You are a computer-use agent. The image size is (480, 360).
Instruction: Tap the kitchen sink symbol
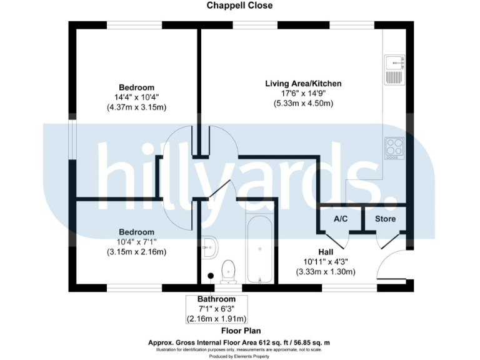pos(395,69)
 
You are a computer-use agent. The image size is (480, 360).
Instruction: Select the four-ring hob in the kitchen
pos(394,147)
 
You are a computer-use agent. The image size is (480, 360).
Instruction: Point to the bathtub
pos(259,249)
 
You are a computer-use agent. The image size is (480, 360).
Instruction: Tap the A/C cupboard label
pos(341,219)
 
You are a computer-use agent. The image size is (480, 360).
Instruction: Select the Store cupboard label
pos(385,219)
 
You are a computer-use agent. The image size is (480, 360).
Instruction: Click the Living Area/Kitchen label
pos(303,83)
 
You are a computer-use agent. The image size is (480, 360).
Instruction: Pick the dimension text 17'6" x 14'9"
pos(303,93)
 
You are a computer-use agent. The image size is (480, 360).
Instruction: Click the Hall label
pos(325,251)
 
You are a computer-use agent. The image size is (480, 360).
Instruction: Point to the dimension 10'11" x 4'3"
pos(325,261)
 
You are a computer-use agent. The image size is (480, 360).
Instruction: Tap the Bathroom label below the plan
pos(216,299)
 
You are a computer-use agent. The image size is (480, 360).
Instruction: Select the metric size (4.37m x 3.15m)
pos(136,107)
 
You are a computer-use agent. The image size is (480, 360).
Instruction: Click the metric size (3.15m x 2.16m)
pos(136,252)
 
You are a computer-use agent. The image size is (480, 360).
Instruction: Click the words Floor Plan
pos(241,331)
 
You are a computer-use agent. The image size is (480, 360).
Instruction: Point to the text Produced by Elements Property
pos(241,356)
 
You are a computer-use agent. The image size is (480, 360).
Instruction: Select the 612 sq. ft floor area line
pos(241,342)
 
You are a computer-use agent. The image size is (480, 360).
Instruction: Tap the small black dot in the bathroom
pos(211,274)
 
